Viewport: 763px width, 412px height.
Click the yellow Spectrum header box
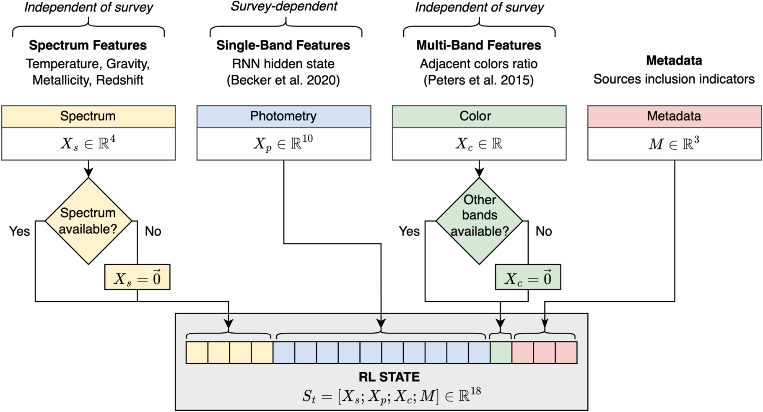pyautogui.click(x=88, y=116)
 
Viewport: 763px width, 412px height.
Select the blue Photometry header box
pyautogui.click(x=283, y=116)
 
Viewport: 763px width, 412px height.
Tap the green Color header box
pyautogui.click(x=479, y=116)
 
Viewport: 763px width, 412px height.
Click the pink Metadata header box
pyautogui.click(x=674, y=116)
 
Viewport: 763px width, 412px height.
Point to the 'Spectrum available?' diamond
pyautogui.click(x=88, y=221)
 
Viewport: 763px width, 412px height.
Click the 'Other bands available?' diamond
pyautogui.click(x=479, y=221)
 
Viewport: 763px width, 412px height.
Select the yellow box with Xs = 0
pyautogui.click(x=137, y=277)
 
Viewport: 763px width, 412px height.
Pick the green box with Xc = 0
pyautogui.click(x=528, y=277)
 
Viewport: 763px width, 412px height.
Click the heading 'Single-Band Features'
pyautogui.click(x=283, y=45)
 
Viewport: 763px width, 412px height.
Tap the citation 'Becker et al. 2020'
pyautogui.click(x=283, y=80)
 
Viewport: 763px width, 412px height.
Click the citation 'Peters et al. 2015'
pyautogui.click(x=478, y=80)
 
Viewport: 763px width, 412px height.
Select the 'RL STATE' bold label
pyautogui.click(x=389, y=377)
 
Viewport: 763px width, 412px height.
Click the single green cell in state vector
pyautogui.click(x=501, y=352)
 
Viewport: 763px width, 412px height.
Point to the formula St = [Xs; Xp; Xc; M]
pyautogui.click(x=391, y=396)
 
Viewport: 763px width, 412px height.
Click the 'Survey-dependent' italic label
pyautogui.click(x=284, y=7)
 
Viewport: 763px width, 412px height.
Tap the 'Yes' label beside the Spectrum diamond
pyautogui.click(x=20, y=231)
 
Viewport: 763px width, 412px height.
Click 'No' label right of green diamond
pyautogui.click(x=544, y=231)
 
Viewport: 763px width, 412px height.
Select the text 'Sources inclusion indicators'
pyautogui.click(x=674, y=79)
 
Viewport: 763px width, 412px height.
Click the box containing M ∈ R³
pyautogui.click(x=674, y=144)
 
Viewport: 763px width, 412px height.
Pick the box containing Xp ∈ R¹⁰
pyautogui.click(x=283, y=144)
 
